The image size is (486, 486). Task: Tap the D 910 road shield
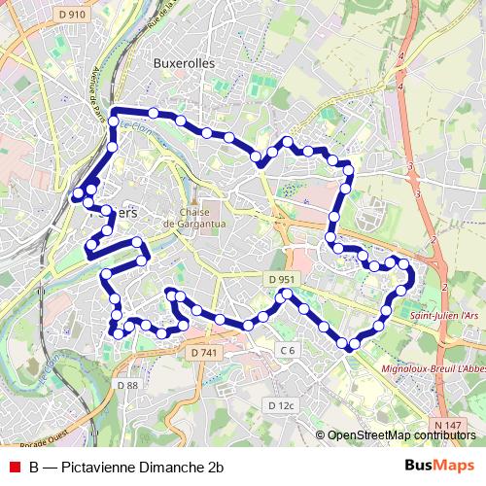(71, 15)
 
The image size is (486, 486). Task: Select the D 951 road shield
(280, 279)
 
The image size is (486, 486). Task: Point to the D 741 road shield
(203, 352)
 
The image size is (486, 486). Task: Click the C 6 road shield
(286, 349)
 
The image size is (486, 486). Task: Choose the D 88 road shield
(127, 385)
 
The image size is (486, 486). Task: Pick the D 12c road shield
(281, 404)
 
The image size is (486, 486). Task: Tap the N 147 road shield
(448, 425)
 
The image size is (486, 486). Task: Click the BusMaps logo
(439, 466)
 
